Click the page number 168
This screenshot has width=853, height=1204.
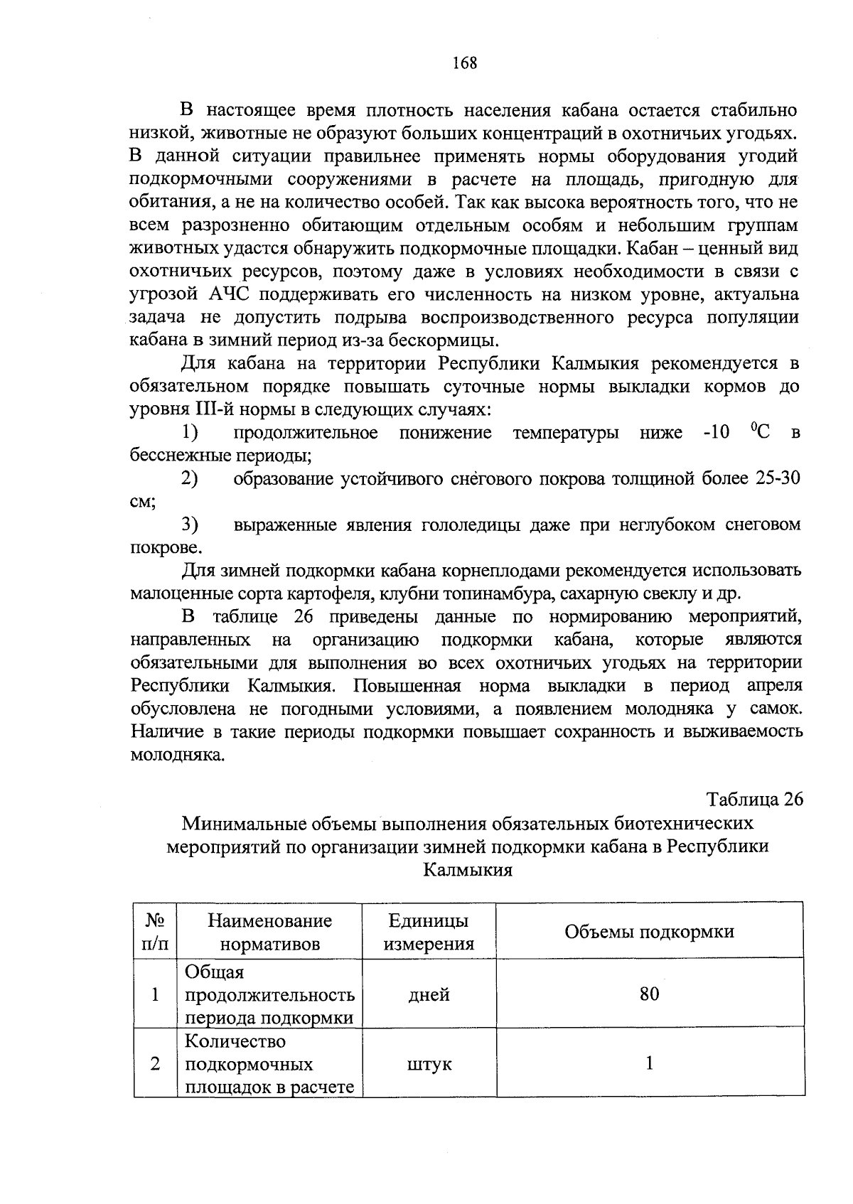pyautogui.click(x=465, y=63)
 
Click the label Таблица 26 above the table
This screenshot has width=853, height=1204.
pyautogui.click(x=754, y=800)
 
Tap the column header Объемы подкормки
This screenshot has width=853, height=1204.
pyautogui.click(x=649, y=932)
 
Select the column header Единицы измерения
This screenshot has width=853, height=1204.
pyautogui.click(x=429, y=932)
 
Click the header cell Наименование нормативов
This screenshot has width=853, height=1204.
pyautogui.click(x=269, y=932)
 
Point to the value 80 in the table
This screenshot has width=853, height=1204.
pyautogui.click(x=649, y=994)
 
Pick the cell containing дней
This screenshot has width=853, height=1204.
pyautogui.click(x=429, y=994)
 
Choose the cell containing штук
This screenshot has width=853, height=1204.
pyautogui.click(x=429, y=1064)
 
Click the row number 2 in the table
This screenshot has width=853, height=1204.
pyautogui.click(x=155, y=1064)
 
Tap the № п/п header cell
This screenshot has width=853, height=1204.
pyautogui.click(x=155, y=932)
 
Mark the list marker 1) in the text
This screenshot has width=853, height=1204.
pyautogui.click(x=189, y=433)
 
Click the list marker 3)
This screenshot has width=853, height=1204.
pyautogui.click(x=189, y=525)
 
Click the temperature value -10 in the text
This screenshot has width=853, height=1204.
pyautogui.click(x=716, y=433)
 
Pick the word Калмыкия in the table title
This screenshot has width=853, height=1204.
pyautogui.click(x=467, y=870)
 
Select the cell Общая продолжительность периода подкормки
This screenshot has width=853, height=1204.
pyautogui.click(x=269, y=994)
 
